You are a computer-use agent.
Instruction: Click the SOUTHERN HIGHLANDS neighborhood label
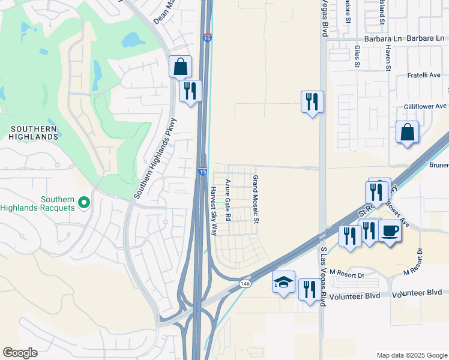coord(34,133)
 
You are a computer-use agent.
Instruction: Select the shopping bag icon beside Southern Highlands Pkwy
coord(180,67)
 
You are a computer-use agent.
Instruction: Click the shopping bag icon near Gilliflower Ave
coord(407,133)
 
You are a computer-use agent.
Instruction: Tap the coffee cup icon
coord(390,231)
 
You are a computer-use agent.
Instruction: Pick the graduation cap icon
coord(284,283)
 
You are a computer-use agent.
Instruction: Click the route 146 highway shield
coord(244,283)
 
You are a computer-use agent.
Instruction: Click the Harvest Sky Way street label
coord(213,210)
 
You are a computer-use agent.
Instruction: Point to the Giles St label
coord(357,57)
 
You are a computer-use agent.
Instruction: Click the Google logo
coord(20,353)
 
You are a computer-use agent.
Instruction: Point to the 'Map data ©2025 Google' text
coord(411,355)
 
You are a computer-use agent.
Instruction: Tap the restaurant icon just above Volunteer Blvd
coord(309,290)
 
